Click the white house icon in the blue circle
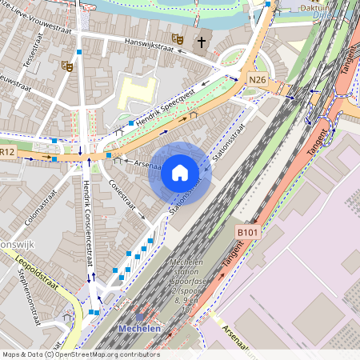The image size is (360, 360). coord(180,173)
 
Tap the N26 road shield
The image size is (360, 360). coord(257,80)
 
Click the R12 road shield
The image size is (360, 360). coord(7,151)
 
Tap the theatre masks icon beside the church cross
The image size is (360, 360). coord(178,38)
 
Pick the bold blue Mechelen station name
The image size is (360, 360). coord(139,329)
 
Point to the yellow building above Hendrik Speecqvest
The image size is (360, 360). coord(138,94)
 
